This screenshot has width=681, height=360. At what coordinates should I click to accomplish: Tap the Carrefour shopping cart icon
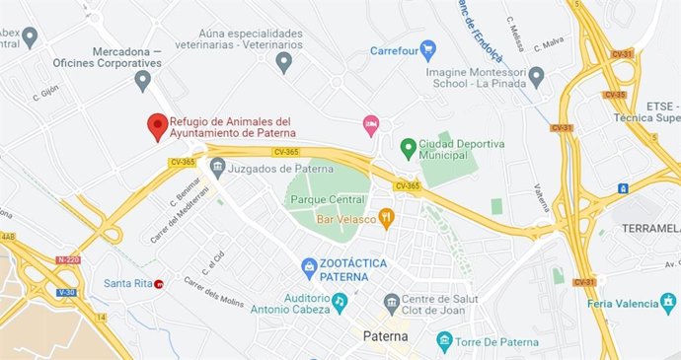point(427,49)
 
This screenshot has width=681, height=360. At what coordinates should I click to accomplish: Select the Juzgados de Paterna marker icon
point(217,164)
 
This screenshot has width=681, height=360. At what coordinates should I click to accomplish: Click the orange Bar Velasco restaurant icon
point(387,218)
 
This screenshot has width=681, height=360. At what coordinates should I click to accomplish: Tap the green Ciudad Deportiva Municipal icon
point(407,147)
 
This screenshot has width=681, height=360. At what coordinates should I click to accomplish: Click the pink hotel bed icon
point(371,123)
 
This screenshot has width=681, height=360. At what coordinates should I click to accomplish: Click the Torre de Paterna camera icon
point(444,341)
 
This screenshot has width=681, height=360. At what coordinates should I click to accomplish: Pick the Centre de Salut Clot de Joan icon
point(392,301)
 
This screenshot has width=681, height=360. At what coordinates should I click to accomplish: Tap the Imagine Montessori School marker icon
point(537,76)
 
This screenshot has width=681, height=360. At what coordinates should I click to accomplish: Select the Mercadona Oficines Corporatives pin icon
point(143,79)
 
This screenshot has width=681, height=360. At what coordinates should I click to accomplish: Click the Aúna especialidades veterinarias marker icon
point(284,63)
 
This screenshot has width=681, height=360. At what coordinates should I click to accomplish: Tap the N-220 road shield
point(67,260)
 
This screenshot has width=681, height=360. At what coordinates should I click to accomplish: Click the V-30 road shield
point(66,293)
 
